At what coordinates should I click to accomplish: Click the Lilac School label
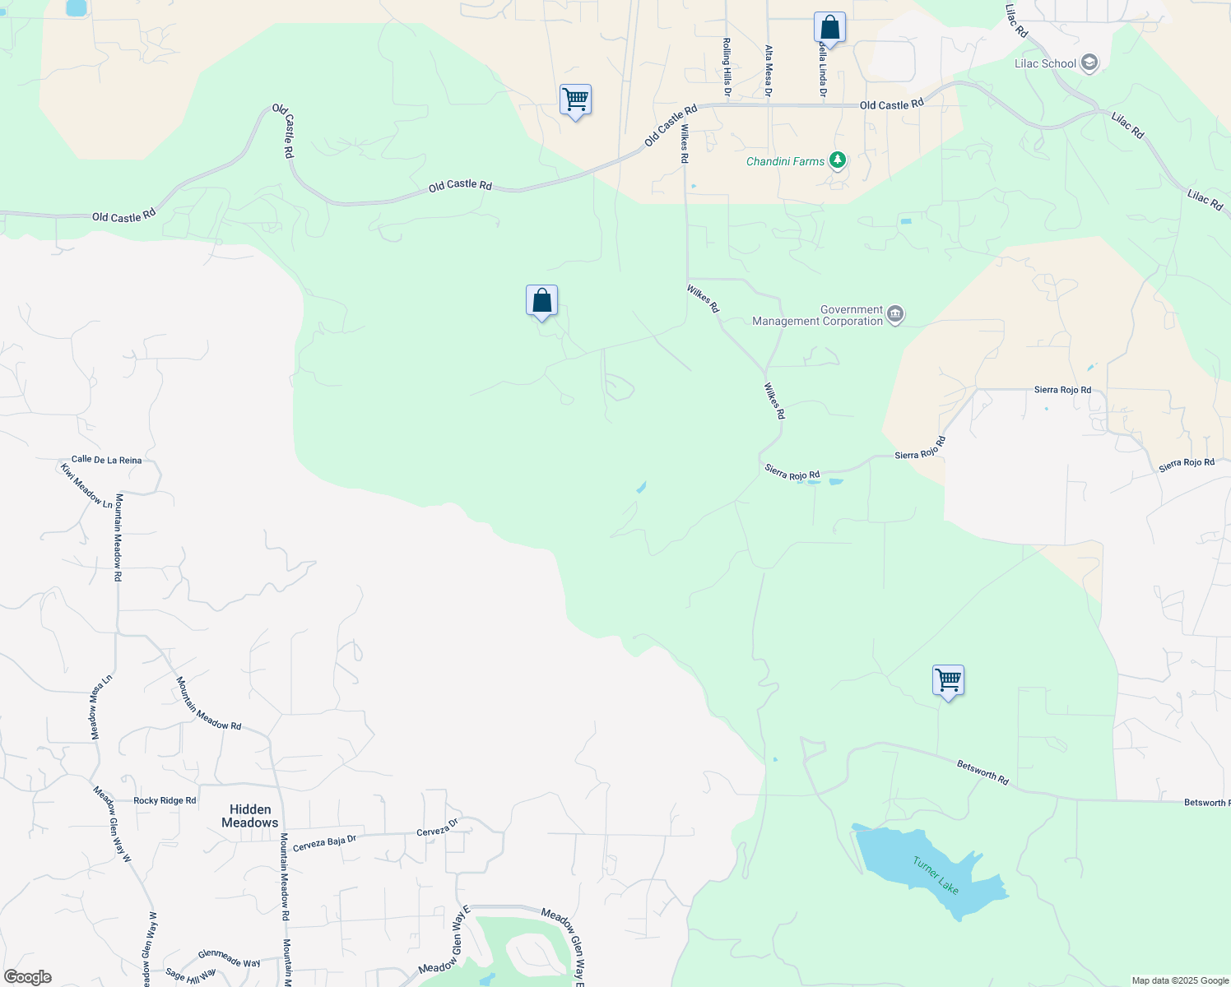[x=1045, y=63]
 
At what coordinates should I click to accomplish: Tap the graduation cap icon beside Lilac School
[x=1089, y=63]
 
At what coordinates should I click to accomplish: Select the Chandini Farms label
[x=785, y=161]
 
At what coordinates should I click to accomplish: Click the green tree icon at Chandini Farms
[x=838, y=160]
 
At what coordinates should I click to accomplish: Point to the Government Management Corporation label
[x=817, y=316]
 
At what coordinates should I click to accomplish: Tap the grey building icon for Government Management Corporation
[x=895, y=315]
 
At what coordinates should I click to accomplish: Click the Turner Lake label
[x=936, y=874]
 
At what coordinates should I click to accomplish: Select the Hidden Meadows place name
[x=250, y=816]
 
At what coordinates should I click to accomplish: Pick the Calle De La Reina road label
[x=106, y=460]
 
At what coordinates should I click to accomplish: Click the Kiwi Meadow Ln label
[x=86, y=486]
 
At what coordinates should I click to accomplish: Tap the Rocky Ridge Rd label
[x=165, y=800]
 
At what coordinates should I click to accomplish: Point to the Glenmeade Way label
[x=229, y=958]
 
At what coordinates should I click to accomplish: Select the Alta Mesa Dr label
[x=769, y=71]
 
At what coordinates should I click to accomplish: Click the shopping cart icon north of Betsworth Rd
[x=948, y=680]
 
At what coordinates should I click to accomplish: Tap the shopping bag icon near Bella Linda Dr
[x=829, y=28]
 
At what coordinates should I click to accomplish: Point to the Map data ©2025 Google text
[x=1180, y=980]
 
